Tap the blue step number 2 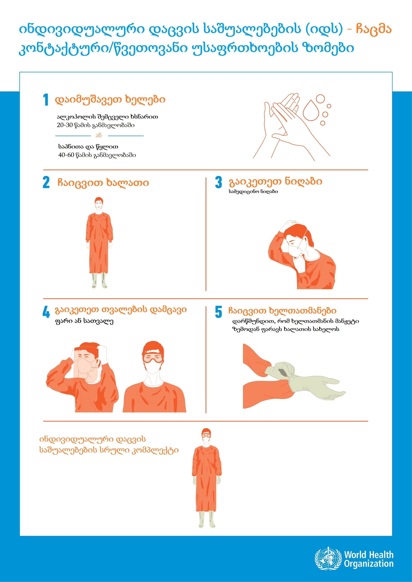click(46, 182)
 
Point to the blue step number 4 click(46, 312)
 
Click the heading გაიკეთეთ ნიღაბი click(275, 182)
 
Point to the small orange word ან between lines click(99, 135)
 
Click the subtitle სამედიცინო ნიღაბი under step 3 click(253, 192)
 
